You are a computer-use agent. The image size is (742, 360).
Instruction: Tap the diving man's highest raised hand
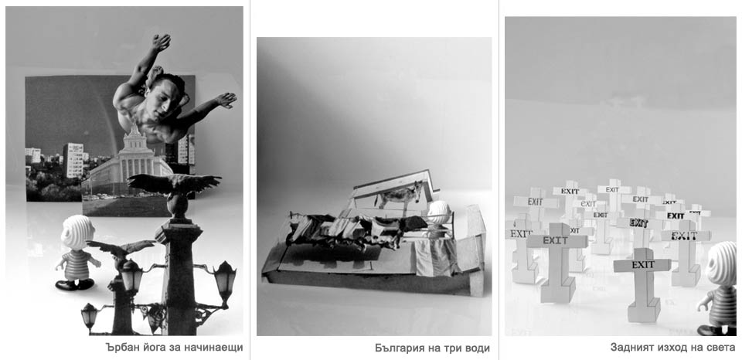coord(161,42)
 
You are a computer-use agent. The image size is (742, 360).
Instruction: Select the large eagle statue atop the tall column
coord(174,184)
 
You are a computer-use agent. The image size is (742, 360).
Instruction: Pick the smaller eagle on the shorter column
coord(121,248)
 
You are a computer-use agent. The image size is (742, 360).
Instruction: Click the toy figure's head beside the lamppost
coord(77,233)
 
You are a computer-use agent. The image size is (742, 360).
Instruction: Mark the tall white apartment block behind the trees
coord(73,161)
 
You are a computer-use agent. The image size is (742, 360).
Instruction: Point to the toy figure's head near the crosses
coord(723,263)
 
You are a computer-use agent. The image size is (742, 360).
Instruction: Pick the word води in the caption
coord(477,348)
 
